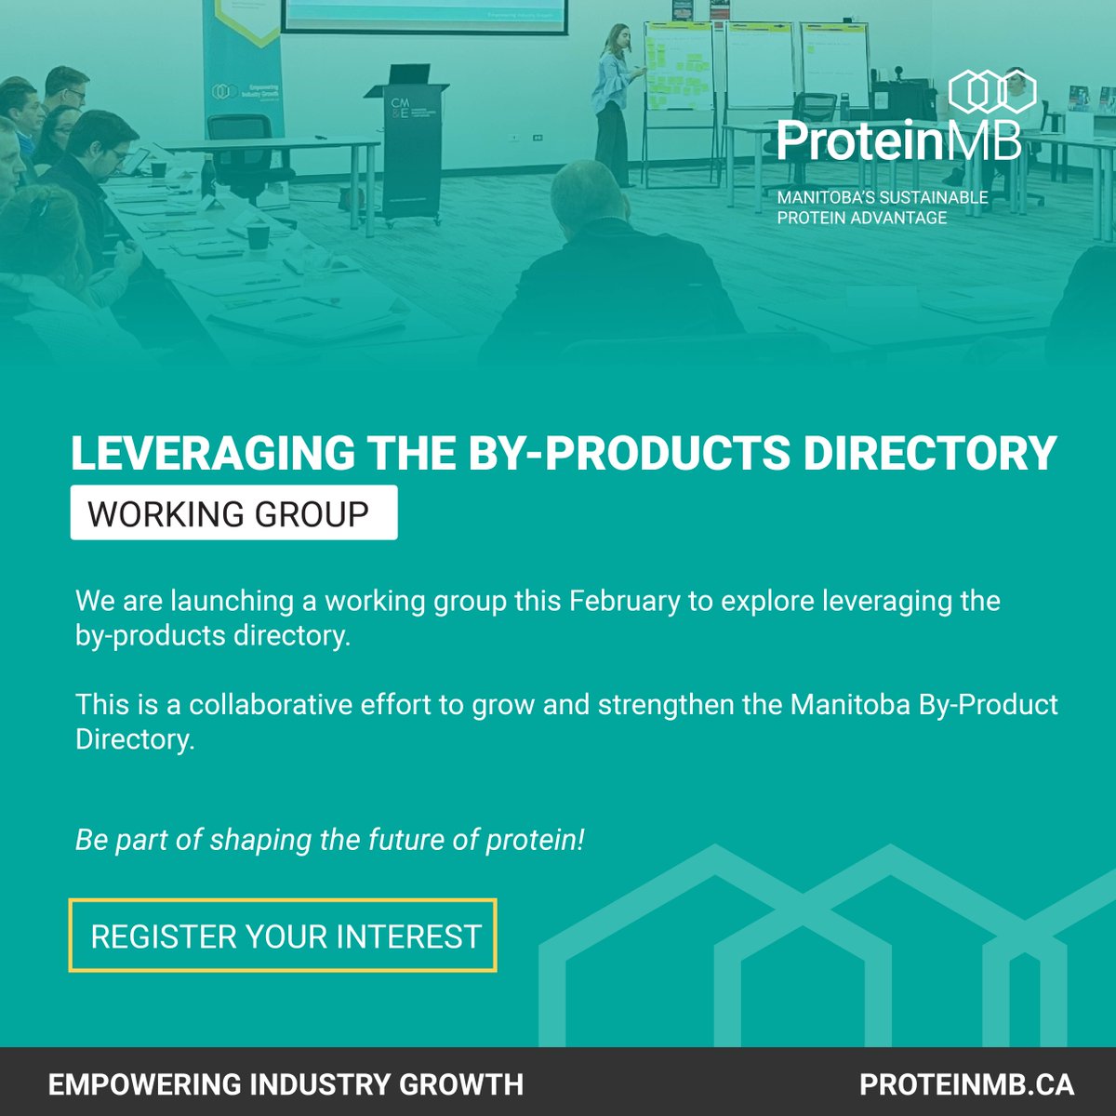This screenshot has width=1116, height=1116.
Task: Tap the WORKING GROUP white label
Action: pos(233,512)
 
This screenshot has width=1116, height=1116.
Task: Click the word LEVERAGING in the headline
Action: pos(212,454)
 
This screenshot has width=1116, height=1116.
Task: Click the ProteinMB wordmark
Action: pos(898,139)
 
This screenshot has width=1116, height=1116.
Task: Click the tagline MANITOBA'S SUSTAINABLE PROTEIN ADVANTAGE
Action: pos(883,208)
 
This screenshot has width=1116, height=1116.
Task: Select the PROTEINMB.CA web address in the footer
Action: pos(966,1083)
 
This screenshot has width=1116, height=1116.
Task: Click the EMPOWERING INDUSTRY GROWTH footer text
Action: pos(286,1083)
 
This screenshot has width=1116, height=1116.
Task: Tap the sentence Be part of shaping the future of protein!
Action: pos(330,840)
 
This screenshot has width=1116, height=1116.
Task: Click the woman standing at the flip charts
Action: pos(614,102)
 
